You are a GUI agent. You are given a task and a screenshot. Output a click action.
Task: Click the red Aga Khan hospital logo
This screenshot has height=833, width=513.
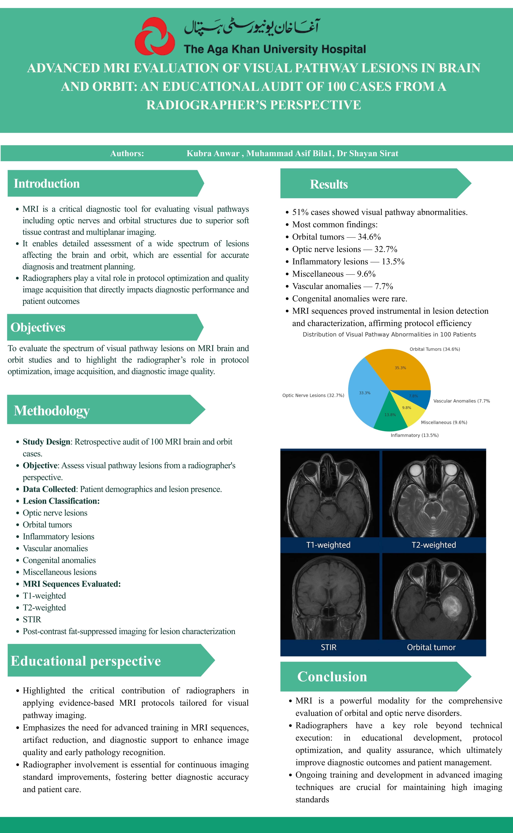click(155, 36)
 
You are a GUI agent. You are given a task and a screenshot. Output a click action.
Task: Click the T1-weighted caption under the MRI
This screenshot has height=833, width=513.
click(328, 545)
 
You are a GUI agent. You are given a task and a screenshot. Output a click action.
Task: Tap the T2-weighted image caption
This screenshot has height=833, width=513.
click(434, 545)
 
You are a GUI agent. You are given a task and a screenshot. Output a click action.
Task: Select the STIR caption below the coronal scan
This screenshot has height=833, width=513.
click(328, 647)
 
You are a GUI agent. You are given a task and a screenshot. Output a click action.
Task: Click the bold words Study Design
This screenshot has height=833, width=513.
click(46, 442)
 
